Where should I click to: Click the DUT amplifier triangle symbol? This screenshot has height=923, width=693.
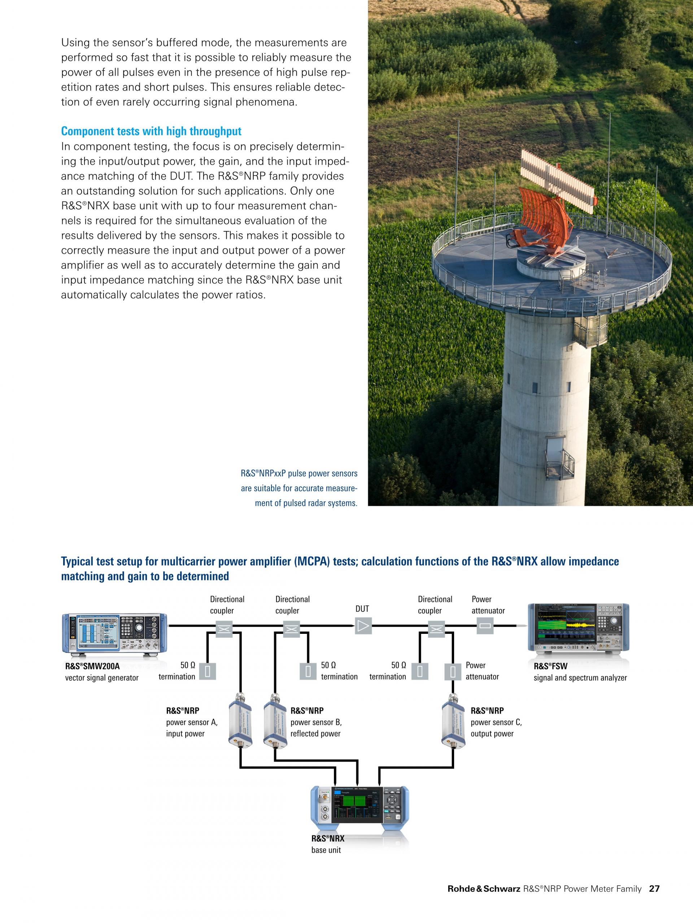pyautogui.click(x=363, y=626)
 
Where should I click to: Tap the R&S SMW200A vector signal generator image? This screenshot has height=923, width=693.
pyautogui.click(x=114, y=633)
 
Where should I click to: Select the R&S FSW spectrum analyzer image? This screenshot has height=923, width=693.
pyautogui.click(x=579, y=628)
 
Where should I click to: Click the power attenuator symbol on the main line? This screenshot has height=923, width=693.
pyautogui.click(x=485, y=626)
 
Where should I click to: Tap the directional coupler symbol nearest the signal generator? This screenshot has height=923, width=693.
pyautogui.click(x=224, y=629)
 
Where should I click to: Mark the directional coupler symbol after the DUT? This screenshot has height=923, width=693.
pyautogui.click(x=436, y=629)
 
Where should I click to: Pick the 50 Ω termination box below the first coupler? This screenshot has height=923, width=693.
pyautogui.click(x=207, y=671)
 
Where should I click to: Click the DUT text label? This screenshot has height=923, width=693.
pyautogui.click(x=362, y=609)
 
